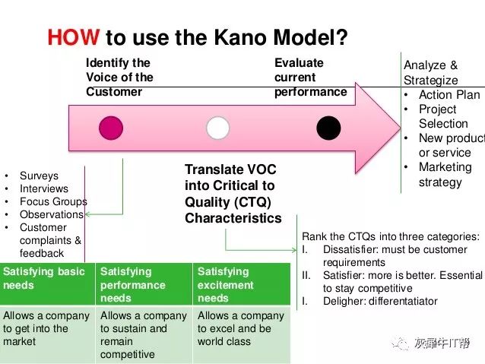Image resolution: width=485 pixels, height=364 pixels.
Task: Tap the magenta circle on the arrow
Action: point(110,128)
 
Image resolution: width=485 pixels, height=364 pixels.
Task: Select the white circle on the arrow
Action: point(217,128)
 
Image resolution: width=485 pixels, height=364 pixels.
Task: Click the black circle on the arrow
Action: point(328,128)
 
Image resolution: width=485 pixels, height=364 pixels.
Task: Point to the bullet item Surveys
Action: point(39,176)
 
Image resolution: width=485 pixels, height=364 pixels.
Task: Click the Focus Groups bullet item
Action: point(53,201)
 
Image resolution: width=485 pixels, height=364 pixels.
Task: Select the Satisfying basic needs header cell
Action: point(47,278)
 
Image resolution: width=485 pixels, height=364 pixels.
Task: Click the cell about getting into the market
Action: point(47,328)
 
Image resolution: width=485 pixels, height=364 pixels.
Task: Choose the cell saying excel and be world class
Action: point(242,328)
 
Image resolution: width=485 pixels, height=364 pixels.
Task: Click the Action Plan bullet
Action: point(449,95)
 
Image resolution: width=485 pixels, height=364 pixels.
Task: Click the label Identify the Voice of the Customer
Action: point(119,78)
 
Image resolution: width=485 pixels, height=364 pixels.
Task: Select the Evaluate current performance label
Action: point(310,78)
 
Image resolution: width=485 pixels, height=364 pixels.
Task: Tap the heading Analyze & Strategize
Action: point(431,73)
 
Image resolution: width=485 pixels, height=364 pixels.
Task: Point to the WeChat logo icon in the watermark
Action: point(400,343)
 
